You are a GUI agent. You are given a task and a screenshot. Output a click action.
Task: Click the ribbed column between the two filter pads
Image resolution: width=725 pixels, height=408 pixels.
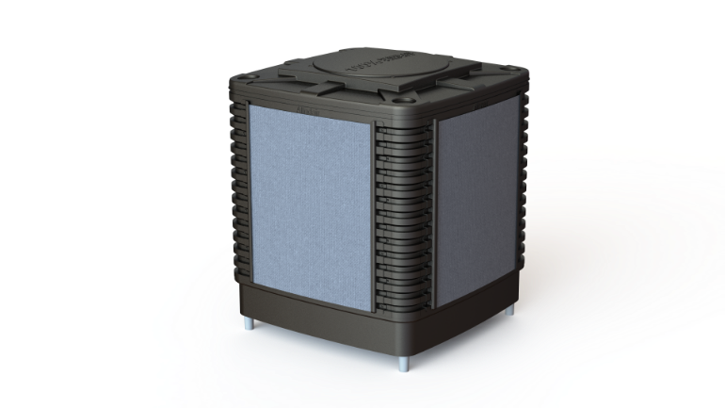(x=403, y=217)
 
